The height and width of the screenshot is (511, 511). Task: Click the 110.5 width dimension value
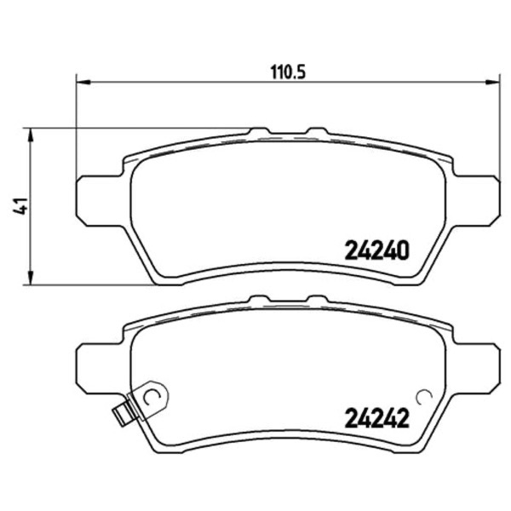(288, 72)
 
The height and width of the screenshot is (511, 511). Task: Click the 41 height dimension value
(20, 206)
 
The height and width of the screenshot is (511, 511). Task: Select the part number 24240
(376, 250)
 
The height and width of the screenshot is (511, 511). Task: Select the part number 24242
(376, 418)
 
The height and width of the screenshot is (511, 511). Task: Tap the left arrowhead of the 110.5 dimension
(83, 83)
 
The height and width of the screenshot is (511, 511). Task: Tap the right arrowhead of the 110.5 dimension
(492, 83)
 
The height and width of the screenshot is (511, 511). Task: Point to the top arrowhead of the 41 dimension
(30, 135)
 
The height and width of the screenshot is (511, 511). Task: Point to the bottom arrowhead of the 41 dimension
(30, 278)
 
